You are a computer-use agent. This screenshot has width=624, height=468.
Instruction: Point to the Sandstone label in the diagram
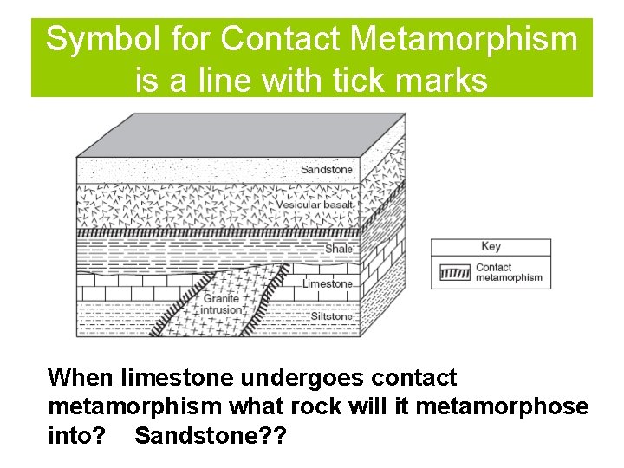(x=327, y=169)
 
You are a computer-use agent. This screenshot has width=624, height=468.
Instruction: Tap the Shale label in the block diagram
(x=339, y=249)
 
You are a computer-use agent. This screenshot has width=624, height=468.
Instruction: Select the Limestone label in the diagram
(x=328, y=283)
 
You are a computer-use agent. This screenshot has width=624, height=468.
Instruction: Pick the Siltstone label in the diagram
(x=330, y=316)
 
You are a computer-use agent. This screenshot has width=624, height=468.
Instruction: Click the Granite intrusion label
(x=221, y=304)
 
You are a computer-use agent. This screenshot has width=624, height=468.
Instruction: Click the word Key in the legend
(x=491, y=246)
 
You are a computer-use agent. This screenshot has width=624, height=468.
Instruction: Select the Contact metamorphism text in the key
(x=509, y=272)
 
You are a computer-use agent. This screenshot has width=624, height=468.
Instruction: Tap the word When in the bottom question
(x=81, y=379)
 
